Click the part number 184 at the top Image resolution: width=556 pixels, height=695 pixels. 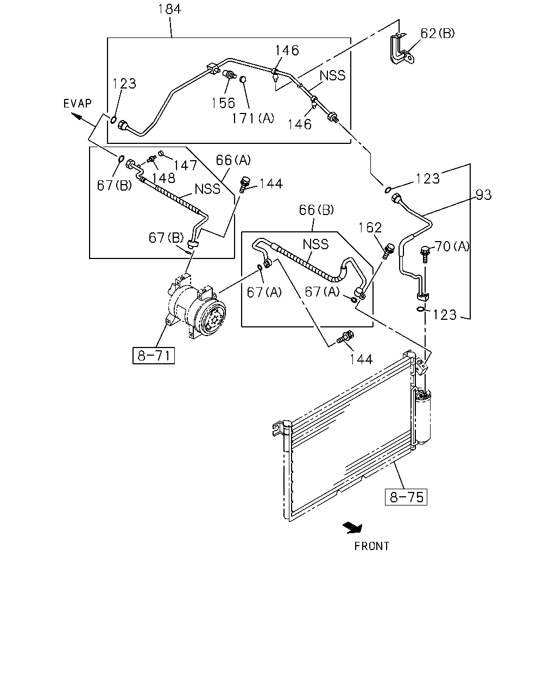point(169,9)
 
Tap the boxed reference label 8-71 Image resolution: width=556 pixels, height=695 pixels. point(154,356)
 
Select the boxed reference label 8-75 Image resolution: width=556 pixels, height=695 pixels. point(406,497)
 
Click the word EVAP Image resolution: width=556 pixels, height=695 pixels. point(78,103)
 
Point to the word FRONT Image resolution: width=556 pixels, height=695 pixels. point(372,546)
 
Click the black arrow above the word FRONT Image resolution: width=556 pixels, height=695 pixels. point(353,528)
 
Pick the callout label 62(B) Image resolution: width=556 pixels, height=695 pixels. point(438,33)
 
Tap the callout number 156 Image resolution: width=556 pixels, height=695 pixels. point(223,103)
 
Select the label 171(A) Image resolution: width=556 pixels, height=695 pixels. point(252,118)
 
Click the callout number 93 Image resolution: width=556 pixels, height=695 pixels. point(483,195)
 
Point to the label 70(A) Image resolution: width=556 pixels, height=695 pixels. point(452,247)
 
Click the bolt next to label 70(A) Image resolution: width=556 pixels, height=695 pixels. point(425,255)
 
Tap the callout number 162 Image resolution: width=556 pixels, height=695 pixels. point(370,228)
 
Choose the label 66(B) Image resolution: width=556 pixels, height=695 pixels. point(317,210)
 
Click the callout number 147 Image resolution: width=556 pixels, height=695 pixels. point(185,166)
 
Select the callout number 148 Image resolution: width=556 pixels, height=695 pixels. point(163,178)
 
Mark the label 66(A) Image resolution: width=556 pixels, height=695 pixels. point(233,160)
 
